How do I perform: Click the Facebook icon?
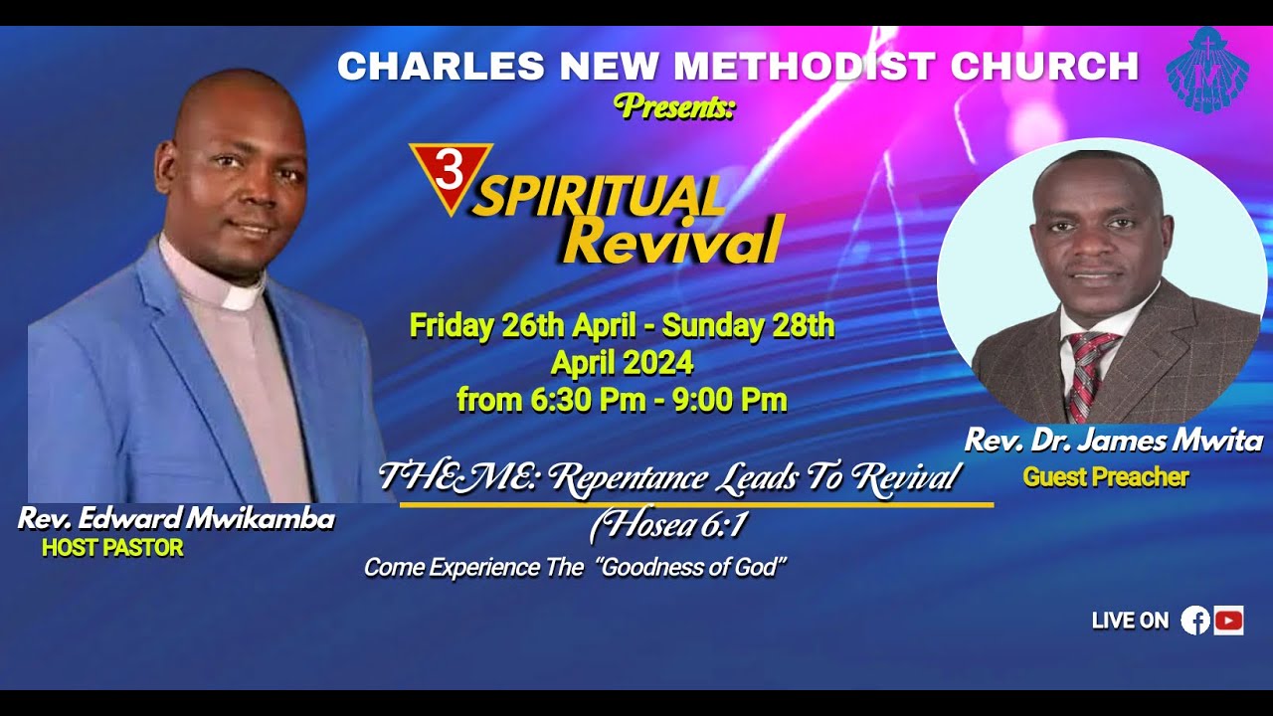(1195, 621)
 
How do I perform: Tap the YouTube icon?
(1228, 621)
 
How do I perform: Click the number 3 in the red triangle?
(450, 171)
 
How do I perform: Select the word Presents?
(674, 105)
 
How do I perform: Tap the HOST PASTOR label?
(112, 548)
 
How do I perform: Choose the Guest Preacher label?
(1105, 477)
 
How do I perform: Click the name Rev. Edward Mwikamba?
(176, 518)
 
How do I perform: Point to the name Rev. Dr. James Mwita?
(1113, 441)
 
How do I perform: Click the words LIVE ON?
(1130, 621)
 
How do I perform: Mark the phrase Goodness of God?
(693, 568)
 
